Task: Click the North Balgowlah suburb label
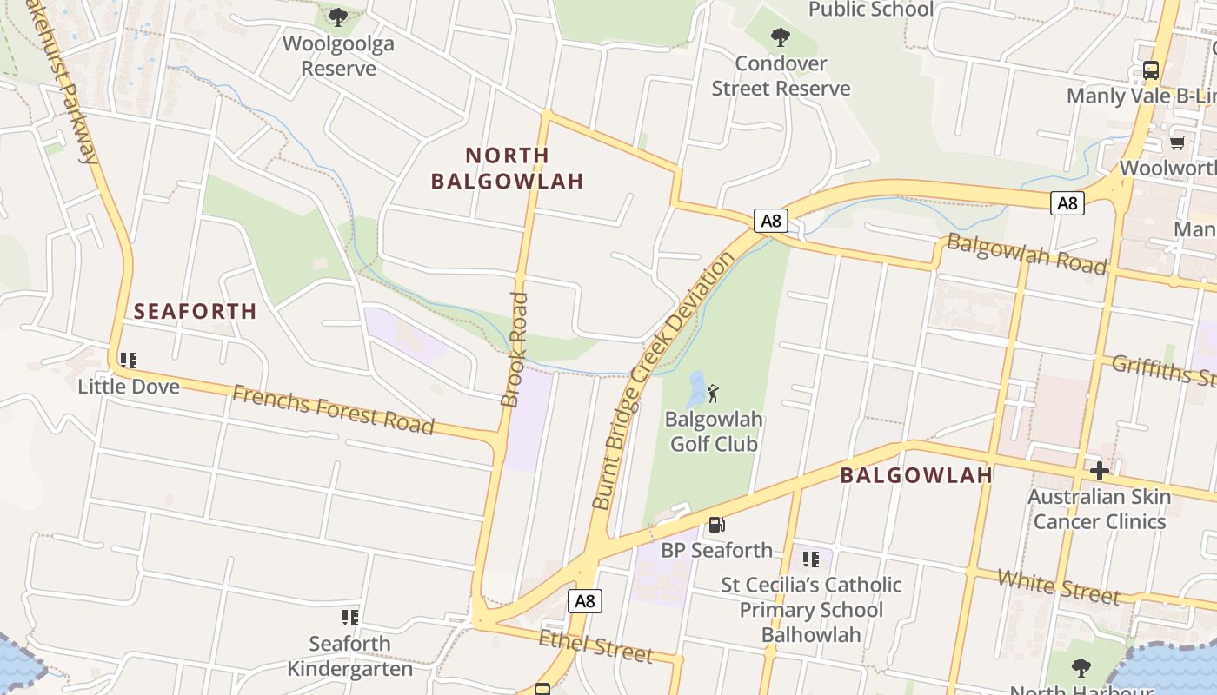(x=508, y=168)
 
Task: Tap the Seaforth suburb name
(x=195, y=311)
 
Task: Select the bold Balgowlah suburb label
(x=916, y=475)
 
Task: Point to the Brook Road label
(x=515, y=349)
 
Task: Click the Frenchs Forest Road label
(x=333, y=410)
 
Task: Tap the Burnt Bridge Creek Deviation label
(x=663, y=381)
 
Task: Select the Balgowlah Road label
(x=1027, y=254)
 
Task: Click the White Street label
(x=1059, y=586)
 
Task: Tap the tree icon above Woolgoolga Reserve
(x=338, y=17)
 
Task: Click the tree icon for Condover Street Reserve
(x=781, y=37)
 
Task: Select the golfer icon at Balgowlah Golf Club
(x=714, y=394)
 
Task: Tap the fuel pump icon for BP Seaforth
(x=716, y=524)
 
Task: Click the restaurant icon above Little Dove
(x=129, y=360)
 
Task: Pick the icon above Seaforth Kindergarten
(x=350, y=618)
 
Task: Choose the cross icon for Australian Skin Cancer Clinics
(x=1100, y=471)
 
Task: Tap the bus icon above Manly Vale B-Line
(x=1151, y=70)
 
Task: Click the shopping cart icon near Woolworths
(x=1178, y=142)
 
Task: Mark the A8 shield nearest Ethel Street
(x=585, y=600)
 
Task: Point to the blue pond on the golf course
(x=695, y=390)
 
